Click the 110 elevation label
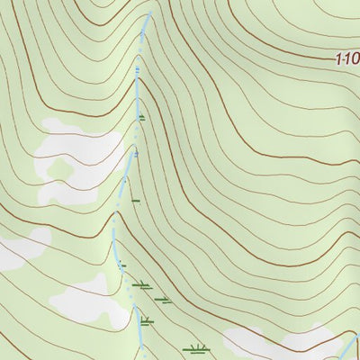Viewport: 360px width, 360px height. coord(346,60)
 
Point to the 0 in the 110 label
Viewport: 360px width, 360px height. coord(355,60)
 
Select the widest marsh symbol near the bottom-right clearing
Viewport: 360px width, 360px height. coord(194,348)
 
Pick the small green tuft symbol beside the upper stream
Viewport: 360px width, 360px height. coord(142,117)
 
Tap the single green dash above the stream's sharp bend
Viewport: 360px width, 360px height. coord(134,199)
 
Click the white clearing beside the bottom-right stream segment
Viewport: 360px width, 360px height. coord(279,342)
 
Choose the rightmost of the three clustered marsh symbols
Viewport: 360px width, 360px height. coord(163,300)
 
